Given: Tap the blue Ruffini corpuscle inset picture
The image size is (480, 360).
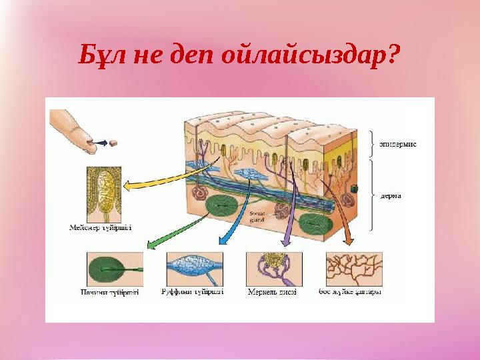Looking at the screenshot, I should point(194,269).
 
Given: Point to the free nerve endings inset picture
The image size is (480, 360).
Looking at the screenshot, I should point(353,269).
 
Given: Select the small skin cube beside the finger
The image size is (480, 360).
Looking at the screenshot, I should point(113,143).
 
